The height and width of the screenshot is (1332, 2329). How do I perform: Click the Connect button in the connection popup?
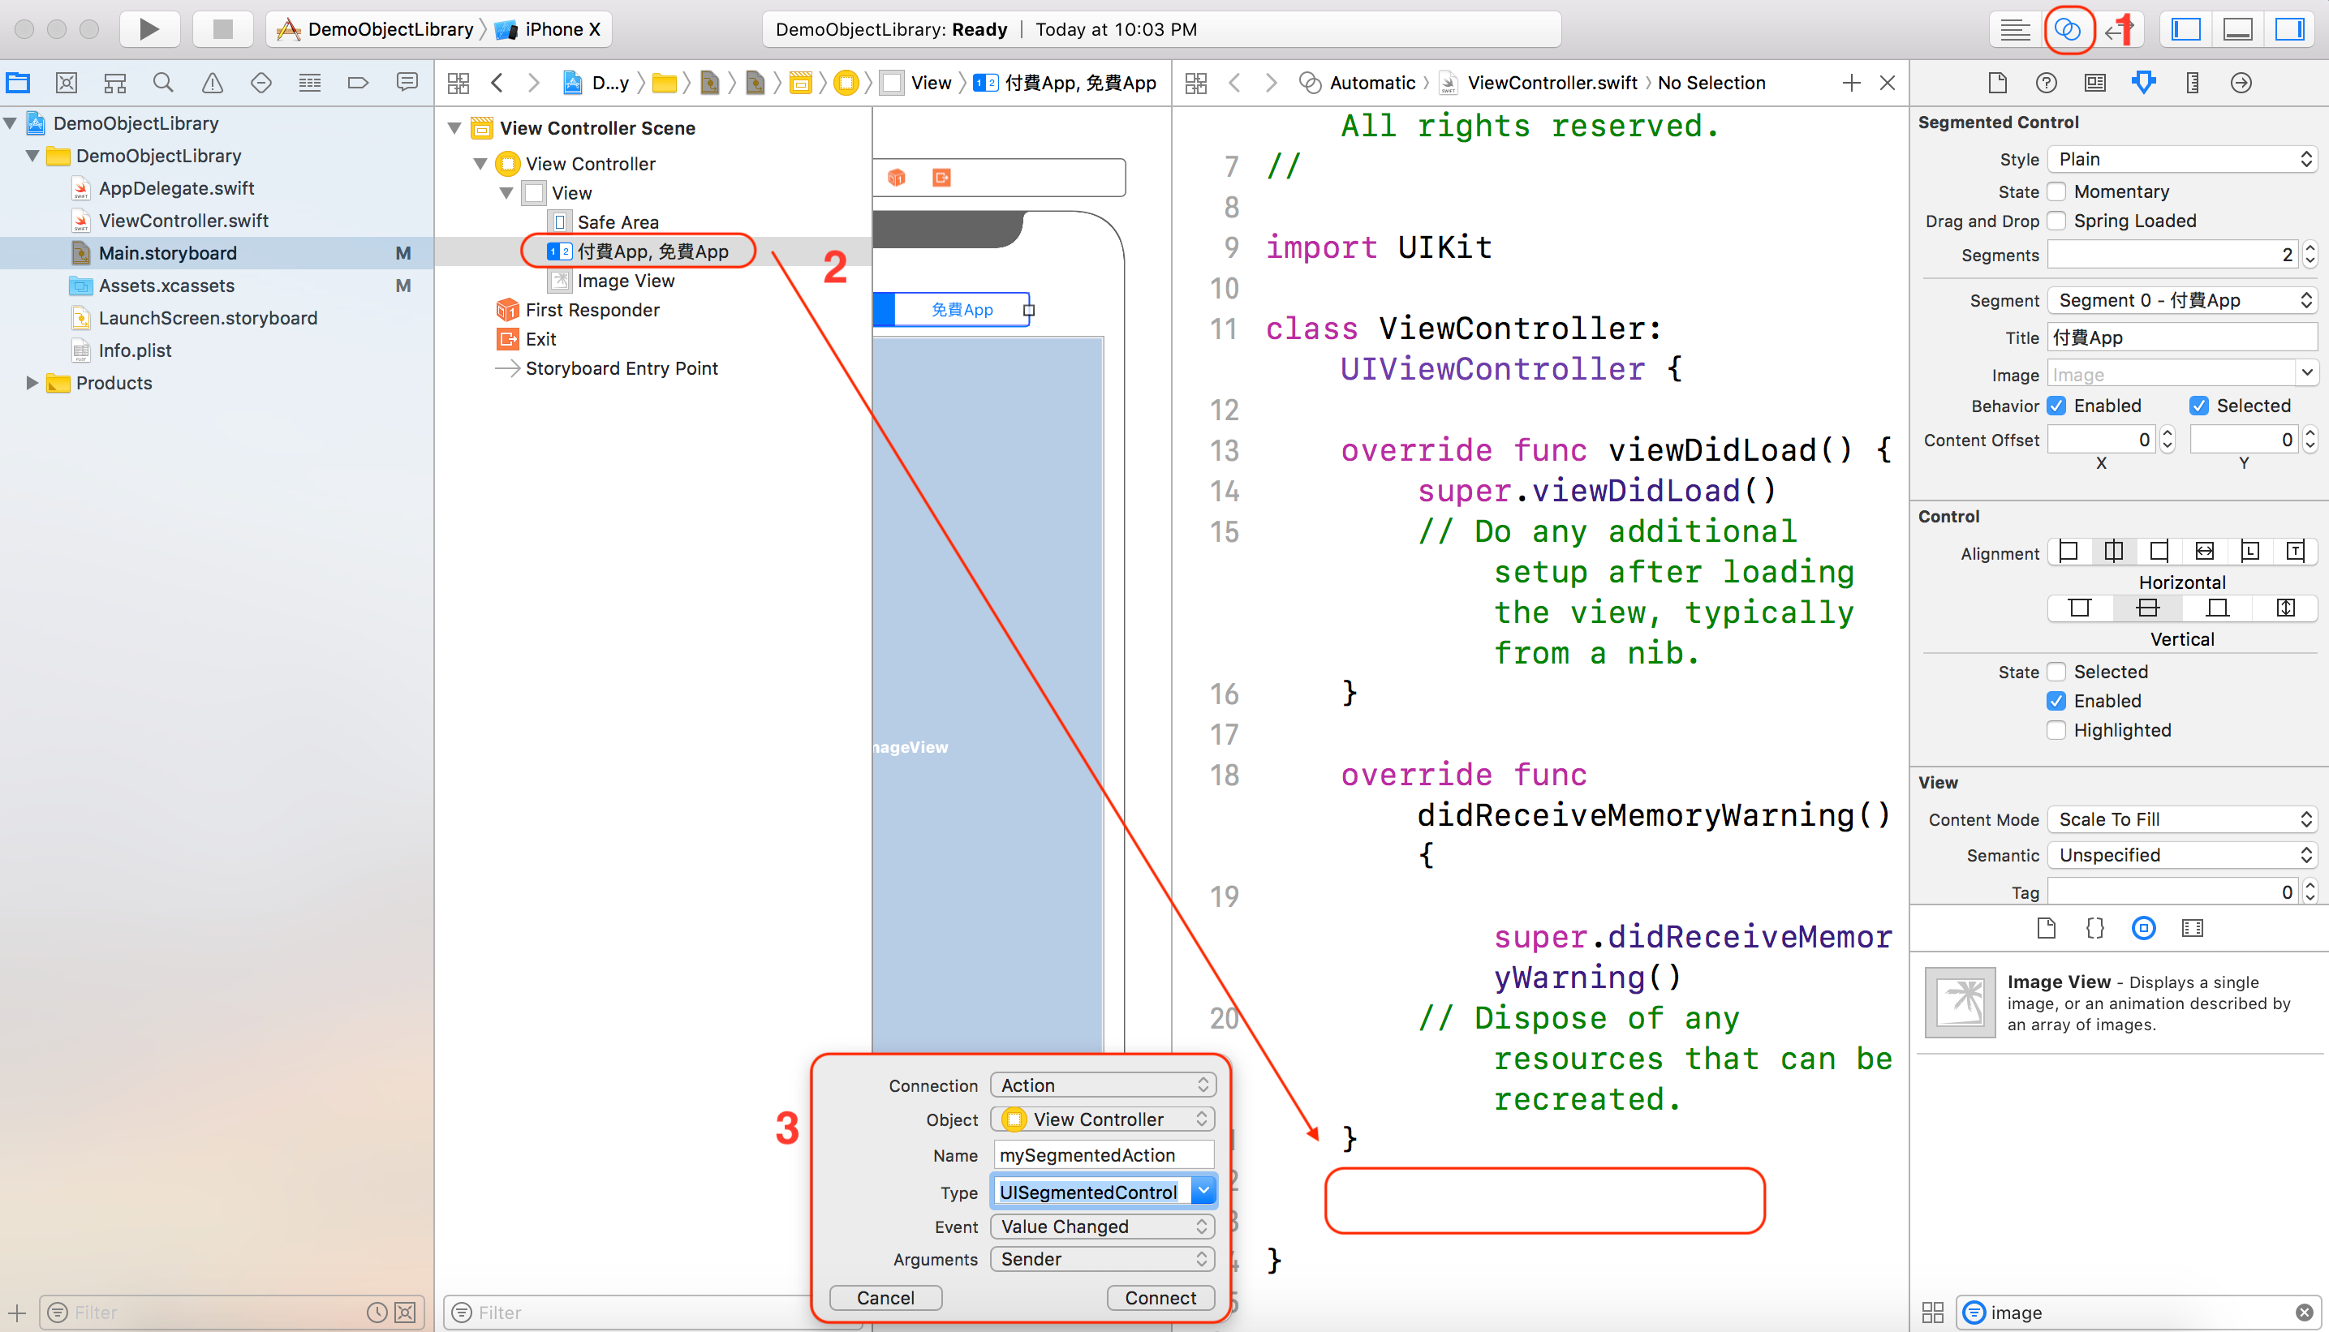[1160, 1297]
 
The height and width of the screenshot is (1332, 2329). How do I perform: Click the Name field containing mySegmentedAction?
[1103, 1155]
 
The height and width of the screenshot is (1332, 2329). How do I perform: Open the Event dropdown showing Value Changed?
[1103, 1227]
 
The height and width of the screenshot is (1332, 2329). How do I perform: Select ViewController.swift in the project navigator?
[183, 221]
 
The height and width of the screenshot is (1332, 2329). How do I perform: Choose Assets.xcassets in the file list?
[166, 286]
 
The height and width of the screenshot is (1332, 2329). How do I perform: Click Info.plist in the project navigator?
[135, 350]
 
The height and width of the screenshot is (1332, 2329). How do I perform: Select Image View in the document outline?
[625, 281]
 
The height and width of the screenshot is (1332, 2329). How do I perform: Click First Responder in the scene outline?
[592, 310]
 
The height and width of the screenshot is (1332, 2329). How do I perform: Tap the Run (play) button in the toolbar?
[149, 29]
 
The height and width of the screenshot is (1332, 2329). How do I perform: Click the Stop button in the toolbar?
[222, 29]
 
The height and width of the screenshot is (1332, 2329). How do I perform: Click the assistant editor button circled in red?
[2067, 29]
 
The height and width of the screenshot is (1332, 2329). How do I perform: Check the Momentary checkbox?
[2056, 192]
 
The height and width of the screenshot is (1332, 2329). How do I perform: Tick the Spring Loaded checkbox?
[2056, 221]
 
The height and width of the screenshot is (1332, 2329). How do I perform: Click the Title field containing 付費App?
[2180, 337]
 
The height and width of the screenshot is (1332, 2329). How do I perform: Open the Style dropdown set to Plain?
[2180, 159]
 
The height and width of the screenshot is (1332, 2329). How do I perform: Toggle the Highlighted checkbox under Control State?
[2056, 730]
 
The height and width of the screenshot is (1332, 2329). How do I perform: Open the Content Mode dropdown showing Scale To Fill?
[2180, 819]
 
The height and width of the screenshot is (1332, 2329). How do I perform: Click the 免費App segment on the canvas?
[961, 310]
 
